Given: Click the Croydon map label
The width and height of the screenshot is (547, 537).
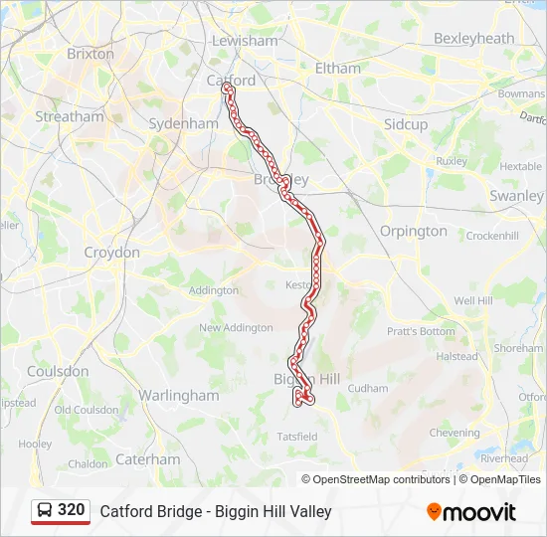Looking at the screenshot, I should point(111,253).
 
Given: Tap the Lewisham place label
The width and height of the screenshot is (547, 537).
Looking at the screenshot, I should point(245,41).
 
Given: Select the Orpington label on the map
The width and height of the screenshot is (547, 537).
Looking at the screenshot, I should point(414,231).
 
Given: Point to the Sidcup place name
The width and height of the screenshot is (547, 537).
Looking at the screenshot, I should point(406,124).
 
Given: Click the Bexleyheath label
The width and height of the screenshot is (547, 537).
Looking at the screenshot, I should point(474,39).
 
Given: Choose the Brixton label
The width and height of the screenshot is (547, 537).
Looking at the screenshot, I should point(91,54).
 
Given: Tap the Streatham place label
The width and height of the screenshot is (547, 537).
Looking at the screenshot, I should point(70,116).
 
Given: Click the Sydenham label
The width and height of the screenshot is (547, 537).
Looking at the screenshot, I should point(183,124).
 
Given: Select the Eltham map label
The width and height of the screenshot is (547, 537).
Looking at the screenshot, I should point(338,69).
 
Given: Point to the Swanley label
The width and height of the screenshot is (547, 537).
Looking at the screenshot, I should point(516,196).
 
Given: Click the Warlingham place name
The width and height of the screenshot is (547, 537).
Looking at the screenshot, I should point(179,395).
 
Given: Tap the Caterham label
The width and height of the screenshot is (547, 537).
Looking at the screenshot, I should point(148,459).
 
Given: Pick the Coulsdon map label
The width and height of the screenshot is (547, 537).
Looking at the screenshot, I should point(58,371).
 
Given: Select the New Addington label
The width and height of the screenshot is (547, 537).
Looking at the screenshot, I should point(236,327).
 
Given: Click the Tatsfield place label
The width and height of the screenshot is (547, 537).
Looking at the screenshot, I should point(297,436).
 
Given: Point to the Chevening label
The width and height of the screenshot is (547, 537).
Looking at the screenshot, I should point(455,433).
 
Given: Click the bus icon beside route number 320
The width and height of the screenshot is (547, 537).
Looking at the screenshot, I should point(45,511).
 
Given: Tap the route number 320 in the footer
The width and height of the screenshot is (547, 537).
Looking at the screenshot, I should point(71,510).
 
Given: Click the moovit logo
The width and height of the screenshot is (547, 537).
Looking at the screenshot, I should point(471,512).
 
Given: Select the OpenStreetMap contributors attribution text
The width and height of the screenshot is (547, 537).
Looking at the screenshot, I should point(375,479).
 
